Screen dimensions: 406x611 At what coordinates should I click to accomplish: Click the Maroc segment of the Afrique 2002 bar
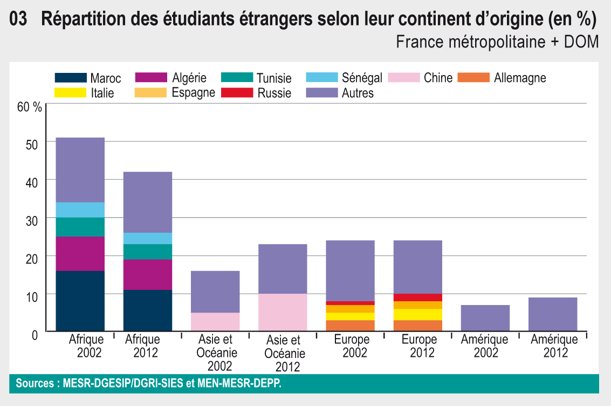point(80,301)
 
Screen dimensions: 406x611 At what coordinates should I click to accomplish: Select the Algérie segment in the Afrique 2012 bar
point(148,274)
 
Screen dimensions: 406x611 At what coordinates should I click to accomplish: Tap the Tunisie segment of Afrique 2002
point(80,227)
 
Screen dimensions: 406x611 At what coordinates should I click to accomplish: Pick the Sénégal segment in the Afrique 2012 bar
point(148,238)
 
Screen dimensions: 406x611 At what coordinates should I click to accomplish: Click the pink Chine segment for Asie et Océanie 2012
point(283,312)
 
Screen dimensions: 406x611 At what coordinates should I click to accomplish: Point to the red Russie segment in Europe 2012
point(418,297)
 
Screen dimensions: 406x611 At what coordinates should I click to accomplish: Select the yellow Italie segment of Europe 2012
point(418,314)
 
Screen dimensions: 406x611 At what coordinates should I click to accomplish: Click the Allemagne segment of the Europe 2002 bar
point(351,326)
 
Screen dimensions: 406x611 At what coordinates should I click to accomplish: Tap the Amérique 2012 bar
point(553,314)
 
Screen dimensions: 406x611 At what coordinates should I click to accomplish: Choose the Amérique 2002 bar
point(485,318)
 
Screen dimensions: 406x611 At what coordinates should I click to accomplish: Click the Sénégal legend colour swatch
point(321,78)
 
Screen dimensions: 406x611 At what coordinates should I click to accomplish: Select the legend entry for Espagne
point(193,93)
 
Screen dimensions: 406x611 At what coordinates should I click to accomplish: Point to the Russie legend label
point(274,93)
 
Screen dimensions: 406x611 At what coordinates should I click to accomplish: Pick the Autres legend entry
point(358,93)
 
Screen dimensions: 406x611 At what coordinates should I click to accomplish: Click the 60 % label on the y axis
point(30,106)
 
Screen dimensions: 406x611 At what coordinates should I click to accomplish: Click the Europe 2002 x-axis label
point(352,346)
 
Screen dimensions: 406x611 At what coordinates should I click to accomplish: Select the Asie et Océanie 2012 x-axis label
point(284,354)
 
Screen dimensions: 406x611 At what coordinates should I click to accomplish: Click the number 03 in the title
point(18,20)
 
